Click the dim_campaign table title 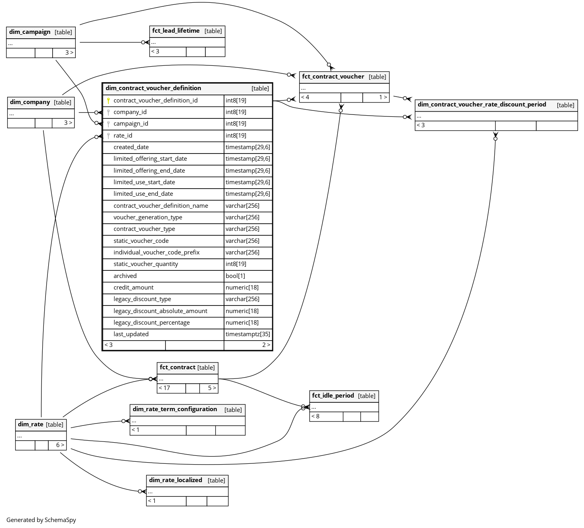tap(30, 32)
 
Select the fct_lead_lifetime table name tap(176, 31)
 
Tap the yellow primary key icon tap(108, 100)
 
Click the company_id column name tap(130, 112)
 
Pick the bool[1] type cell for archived tap(235, 276)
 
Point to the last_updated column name tap(131, 334)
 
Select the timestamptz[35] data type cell tap(248, 334)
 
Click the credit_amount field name tap(133, 288)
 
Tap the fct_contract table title tap(177, 367)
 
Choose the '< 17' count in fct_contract tap(164, 388)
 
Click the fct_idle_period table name tap(333, 396)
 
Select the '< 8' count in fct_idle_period tap(315, 416)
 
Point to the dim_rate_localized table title tap(175, 480)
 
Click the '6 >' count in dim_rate tap(60, 445)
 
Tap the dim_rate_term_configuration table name tap(175, 409)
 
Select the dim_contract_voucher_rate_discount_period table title tap(482, 104)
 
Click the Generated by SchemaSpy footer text tap(41, 520)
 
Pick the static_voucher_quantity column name tap(146, 264)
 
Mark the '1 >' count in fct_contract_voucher tap(383, 97)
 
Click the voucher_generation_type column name tap(147, 217)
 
